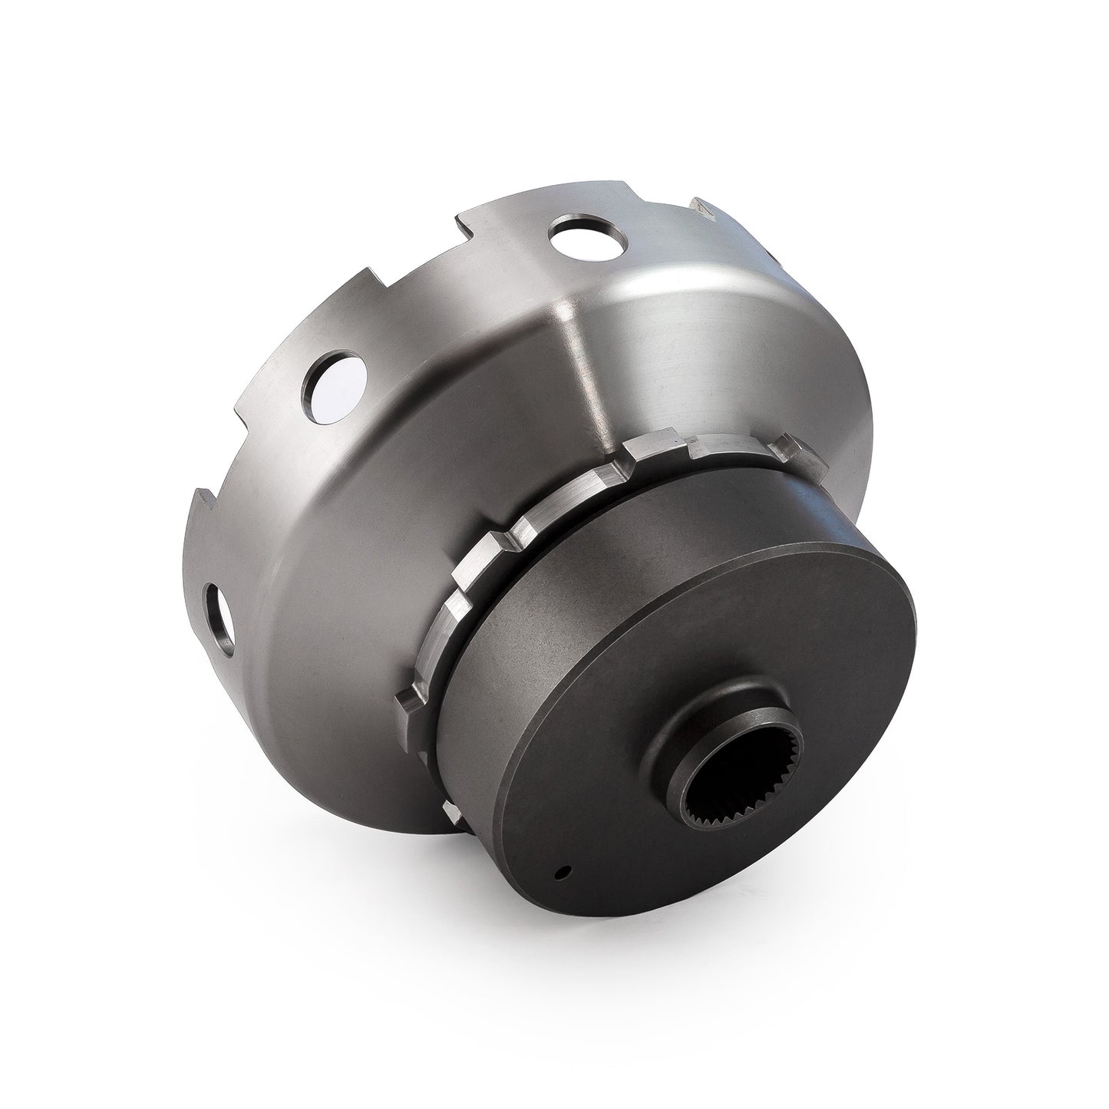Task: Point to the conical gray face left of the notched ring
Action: (x=345, y=614)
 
